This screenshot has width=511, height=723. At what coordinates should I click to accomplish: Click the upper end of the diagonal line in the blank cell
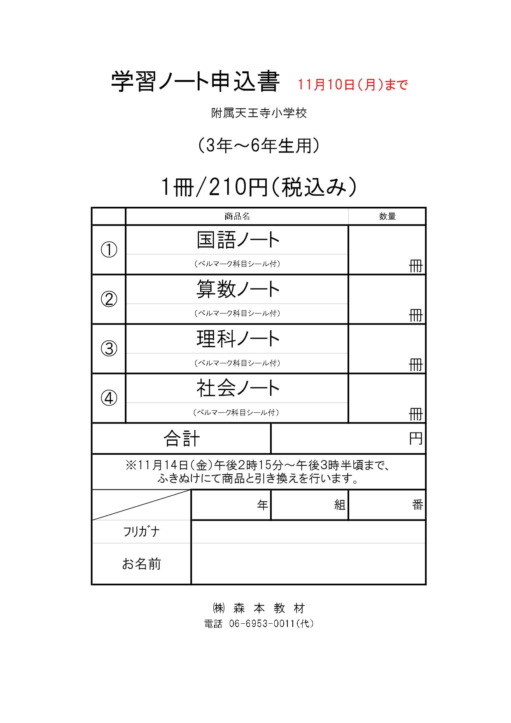[x=191, y=490]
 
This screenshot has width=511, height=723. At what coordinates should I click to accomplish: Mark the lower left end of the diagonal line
[x=93, y=520]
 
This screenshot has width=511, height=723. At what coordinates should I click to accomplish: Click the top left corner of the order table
[x=91, y=208]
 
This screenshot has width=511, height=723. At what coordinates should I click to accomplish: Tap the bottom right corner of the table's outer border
[x=426, y=585]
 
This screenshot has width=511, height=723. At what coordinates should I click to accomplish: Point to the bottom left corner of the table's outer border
[x=91, y=585]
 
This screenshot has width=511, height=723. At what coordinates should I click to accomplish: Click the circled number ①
[x=109, y=250]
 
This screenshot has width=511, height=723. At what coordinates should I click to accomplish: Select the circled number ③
[x=109, y=349]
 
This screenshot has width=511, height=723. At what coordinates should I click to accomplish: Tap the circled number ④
[x=109, y=398]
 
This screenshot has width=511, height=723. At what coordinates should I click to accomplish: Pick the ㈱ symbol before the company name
[x=219, y=608]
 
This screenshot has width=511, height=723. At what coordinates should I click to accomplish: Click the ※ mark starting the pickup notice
[x=131, y=465]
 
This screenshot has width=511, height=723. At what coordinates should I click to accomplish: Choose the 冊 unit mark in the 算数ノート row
[x=416, y=316]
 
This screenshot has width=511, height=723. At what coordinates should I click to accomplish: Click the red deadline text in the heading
[x=352, y=84]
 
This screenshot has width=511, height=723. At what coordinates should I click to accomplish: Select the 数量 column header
[x=387, y=216]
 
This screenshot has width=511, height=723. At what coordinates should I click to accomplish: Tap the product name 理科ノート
[x=238, y=339]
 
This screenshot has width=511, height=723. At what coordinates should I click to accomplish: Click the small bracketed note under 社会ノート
[x=236, y=412]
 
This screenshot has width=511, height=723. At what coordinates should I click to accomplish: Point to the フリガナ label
[x=141, y=531]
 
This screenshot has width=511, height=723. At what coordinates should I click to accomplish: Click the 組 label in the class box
[x=340, y=505]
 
